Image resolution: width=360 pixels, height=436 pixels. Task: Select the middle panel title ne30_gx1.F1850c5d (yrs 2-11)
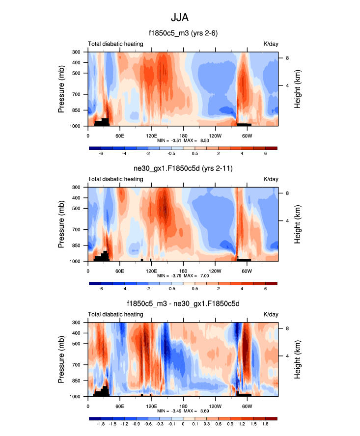pos(183,169)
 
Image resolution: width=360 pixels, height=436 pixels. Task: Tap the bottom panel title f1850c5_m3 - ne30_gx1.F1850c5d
pos(183,304)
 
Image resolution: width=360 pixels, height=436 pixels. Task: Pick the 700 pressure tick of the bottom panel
pos(78,365)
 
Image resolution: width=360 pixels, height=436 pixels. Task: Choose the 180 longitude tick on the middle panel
pos(183,270)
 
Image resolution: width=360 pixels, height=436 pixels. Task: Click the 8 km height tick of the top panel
pos(288,58)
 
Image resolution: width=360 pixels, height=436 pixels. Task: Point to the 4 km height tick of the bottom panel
pos(288,356)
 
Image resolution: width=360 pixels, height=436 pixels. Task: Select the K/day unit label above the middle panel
pos(271,179)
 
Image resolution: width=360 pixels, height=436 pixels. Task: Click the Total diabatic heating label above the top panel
pos(115,44)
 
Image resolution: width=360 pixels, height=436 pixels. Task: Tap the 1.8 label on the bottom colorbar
pos(266,424)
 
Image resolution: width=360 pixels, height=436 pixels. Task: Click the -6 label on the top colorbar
pos(101,154)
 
